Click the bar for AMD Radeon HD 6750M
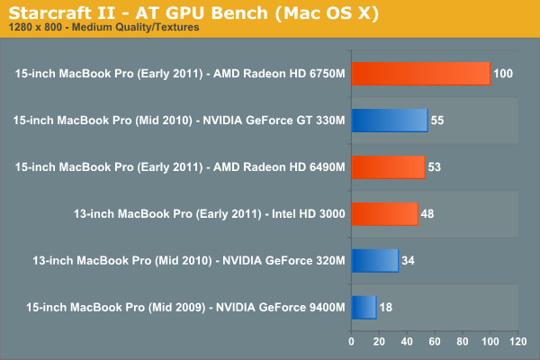[x=420, y=74]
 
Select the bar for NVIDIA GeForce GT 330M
[x=389, y=121]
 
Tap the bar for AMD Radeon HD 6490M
[x=388, y=167]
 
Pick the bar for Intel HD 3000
[x=384, y=214]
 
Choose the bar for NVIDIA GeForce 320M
[x=374, y=261]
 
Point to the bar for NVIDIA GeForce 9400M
[x=364, y=308]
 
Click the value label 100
[x=503, y=74]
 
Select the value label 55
[x=438, y=121]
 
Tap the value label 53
[x=436, y=167]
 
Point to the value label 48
[x=428, y=214]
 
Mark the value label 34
[x=409, y=261]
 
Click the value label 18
[x=387, y=308]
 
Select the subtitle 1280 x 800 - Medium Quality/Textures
[x=103, y=28]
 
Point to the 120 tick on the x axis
[x=517, y=342]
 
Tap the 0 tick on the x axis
[x=351, y=342]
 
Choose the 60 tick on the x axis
[x=435, y=342]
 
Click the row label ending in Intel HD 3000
[x=209, y=214]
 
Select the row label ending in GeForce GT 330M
[x=180, y=121]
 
